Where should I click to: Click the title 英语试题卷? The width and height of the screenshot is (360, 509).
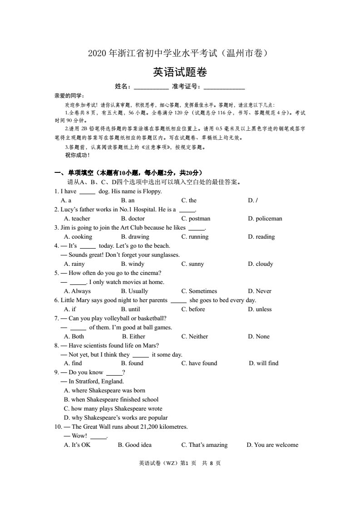click(x=180, y=72)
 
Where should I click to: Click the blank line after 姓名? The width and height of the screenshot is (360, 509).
click(x=151, y=88)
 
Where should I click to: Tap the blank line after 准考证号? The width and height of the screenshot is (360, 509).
click(x=224, y=88)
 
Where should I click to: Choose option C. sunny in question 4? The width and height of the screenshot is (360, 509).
click(x=192, y=264)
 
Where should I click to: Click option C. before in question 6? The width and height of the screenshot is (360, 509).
click(x=193, y=309)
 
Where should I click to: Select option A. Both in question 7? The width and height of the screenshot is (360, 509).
click(x=74, y=337)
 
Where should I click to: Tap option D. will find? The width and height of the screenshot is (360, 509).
click(x=264, y=363)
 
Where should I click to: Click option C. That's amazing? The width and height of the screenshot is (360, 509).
click(x=204, y=445)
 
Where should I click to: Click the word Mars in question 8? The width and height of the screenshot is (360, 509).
click(x=152, y=346)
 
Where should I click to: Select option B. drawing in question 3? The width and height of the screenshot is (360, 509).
click(x=135, y=237)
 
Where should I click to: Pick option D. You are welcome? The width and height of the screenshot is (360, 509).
click(x=272, y=445)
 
